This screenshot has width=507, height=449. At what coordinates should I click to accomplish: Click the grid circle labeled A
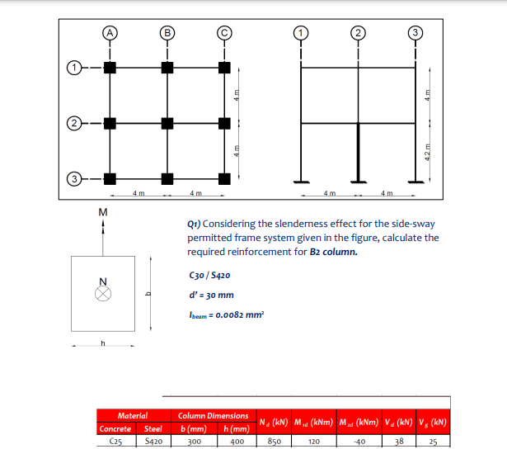point(110,34)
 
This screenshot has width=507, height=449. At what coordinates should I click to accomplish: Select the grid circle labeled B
point(167,34)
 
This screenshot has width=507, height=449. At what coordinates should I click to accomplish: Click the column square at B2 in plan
point(167,124)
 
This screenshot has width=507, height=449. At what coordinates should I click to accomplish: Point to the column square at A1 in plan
point(110,66)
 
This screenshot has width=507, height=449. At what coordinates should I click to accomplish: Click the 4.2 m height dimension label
point(427,152)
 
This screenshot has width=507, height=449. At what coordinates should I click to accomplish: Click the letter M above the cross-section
point(102,213)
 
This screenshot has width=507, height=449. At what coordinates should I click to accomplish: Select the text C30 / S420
point(209,276)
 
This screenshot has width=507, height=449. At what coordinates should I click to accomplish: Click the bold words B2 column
point(333,252)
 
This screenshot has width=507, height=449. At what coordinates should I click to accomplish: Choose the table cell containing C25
point(115,442)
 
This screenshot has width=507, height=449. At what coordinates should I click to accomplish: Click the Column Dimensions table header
point(213,416)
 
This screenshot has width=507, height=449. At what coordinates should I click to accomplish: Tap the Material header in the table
point(132,416)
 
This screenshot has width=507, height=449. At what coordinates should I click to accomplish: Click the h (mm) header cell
point(235,429)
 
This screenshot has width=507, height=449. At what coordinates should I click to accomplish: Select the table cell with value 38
point(399,442)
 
